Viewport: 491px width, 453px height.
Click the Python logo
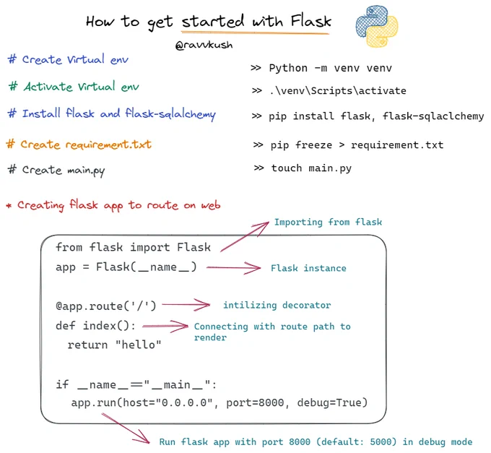pyautogui.click(x=377, y=26)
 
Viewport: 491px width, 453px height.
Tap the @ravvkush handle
pyautogui.click(x=204, y=45)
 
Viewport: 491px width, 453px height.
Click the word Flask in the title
pyautogui.click(x=310, y=21)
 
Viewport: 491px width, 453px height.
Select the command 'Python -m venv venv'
pyautogui.click(x=331, y=68)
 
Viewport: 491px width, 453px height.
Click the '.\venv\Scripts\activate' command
pyautogui.click(x=338, y=90)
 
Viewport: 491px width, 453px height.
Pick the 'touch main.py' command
pyautogui.click(x=311, y=168)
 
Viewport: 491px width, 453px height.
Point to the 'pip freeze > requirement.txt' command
pyautogui.click(x=357, y=145)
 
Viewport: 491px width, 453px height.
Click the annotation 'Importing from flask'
pyautogui.click(x=328, y=222)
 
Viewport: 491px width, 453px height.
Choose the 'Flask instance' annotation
pyautogui.click(x=308, y=268)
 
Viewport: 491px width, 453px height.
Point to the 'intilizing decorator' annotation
pyautogui.click(x=277, y=305)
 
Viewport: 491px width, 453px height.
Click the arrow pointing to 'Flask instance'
pyautogui.click(x=233, y=267)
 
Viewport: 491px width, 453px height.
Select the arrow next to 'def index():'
pyautogui.click(x=165, y=326)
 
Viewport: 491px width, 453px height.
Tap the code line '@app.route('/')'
pyautogui.click(x=106, y=306)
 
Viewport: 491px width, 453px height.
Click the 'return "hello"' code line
pyautogui.click(x=114, y=345)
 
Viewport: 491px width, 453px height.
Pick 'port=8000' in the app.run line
pyautogui.click(x=255, y=402)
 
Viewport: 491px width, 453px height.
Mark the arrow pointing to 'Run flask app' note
pyautogui.click(x=126, y=428)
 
